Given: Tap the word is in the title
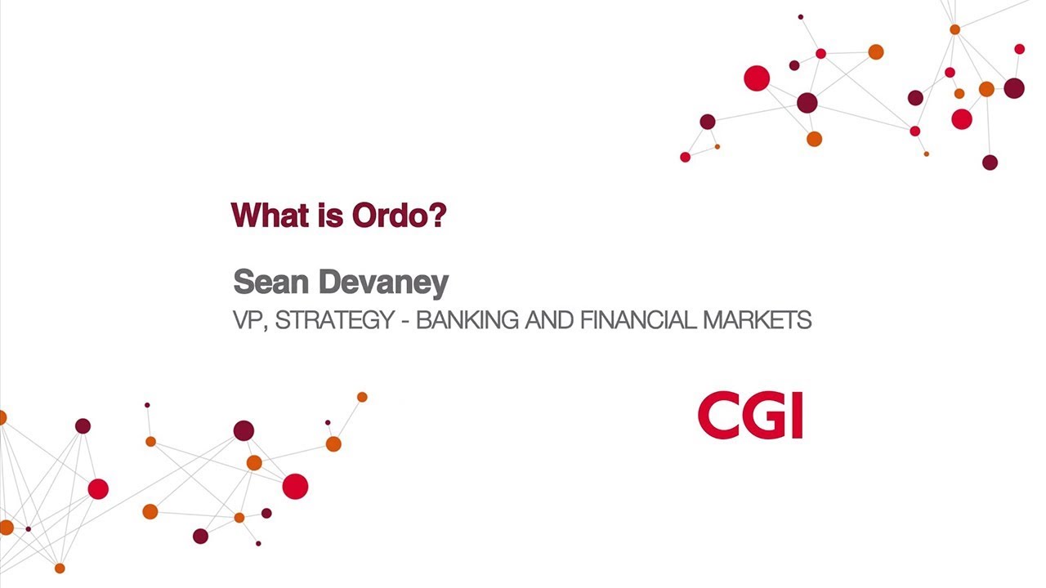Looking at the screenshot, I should (x=327, y=216).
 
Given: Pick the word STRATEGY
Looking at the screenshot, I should (x=334, y=320).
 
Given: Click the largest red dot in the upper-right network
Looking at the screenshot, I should (x=757, y=78).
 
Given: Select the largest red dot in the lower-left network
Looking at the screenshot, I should (x=295, y=486).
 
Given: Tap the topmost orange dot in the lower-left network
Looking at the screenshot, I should (x=362, y=397).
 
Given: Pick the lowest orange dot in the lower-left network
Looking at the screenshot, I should (x=60, y=568).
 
